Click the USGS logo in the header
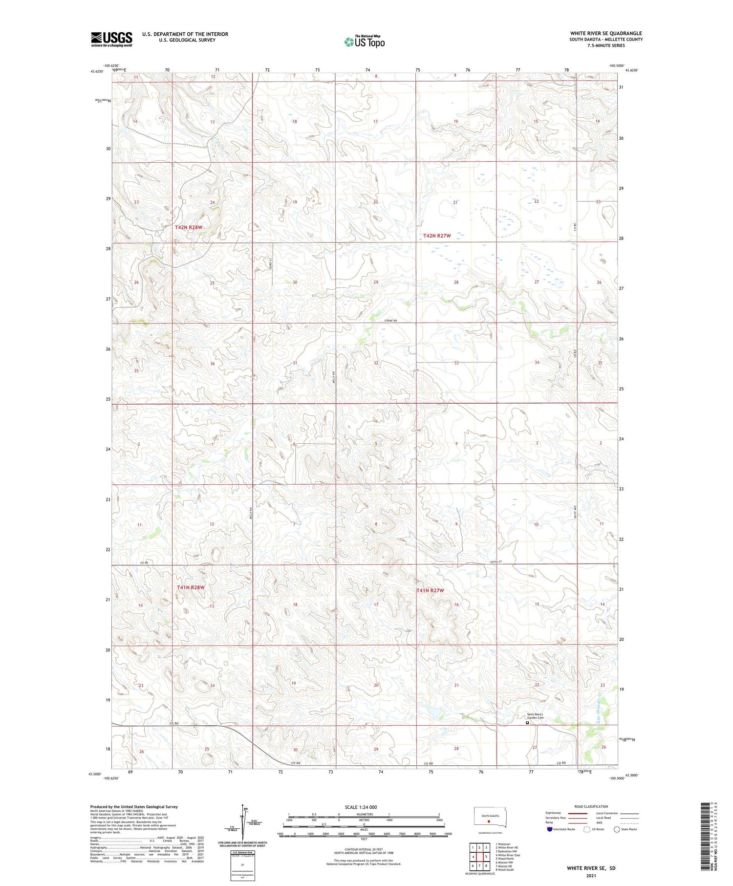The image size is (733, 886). click(x=111, y=39)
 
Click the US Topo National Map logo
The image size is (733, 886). click(x=364, y=42)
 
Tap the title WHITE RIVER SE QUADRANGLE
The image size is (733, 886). click(x=606, y=33)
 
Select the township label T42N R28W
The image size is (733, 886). click(x=189, y=227)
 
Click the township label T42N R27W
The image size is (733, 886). click(x=436, y=236)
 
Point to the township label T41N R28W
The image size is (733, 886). click(x=191, y=587)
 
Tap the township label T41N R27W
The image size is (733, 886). click(x=430, y=590)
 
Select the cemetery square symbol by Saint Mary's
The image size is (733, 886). click(x=527, y=722)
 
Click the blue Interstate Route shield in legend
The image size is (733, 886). click(x=549, y=829)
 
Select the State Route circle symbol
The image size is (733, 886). click(x=617, y=829)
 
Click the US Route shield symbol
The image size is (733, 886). click(x=587, y=829)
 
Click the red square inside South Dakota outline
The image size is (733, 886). click(x=489, y=821)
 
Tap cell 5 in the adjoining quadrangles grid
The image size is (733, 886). click(x=486, y=856)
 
